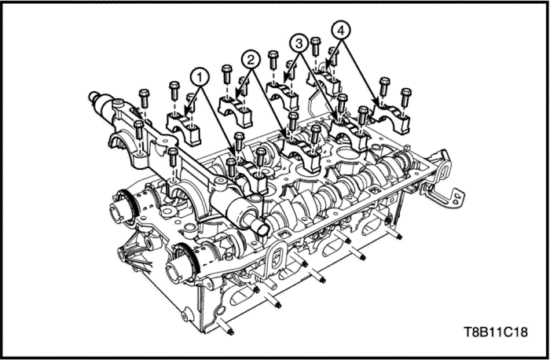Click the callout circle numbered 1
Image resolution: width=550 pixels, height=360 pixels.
point(201,76)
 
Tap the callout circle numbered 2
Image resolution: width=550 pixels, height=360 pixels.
point(251,59)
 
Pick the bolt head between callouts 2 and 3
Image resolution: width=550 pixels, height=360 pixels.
point(273,57)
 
